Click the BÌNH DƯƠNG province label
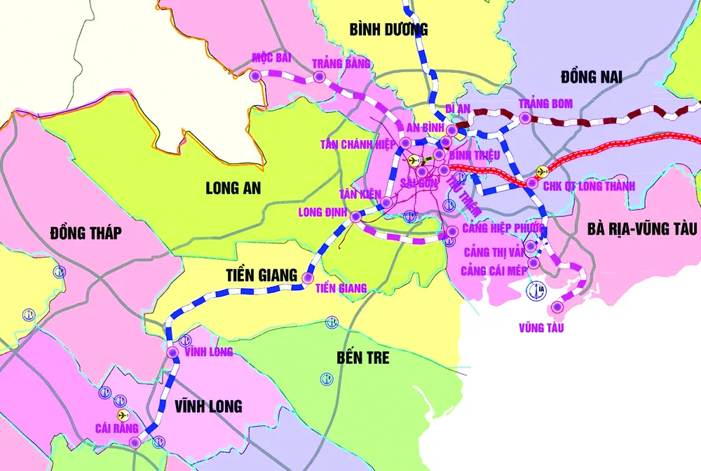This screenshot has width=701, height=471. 388,29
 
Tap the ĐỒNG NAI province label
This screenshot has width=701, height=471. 592,76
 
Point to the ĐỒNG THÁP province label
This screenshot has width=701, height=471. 86,233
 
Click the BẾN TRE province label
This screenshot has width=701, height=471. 362,357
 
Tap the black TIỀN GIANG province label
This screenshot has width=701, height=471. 261,275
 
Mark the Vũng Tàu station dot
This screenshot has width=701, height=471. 557,306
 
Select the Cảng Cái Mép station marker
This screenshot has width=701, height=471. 534,263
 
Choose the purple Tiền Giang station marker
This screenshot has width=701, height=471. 307,279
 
